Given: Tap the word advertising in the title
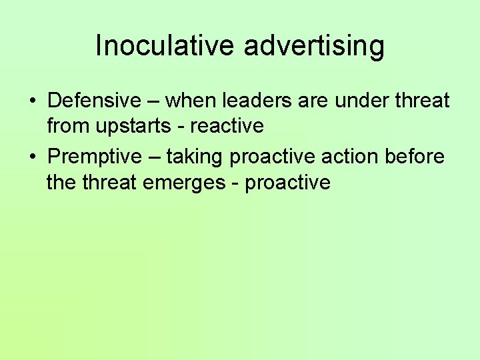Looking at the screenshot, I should pyautogui.click(x=314, y=46).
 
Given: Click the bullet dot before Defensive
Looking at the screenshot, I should pyautogui.click(x=33, y=102).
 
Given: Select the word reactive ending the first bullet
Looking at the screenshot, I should pyautogui.click(x=227, y=125).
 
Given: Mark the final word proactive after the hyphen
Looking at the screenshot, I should pyautogui.click(x=288, y=182).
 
